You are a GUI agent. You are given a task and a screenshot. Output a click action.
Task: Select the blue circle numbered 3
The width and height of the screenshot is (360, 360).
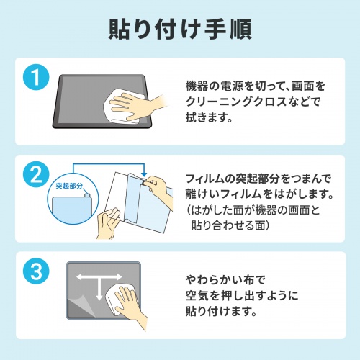(34, 271)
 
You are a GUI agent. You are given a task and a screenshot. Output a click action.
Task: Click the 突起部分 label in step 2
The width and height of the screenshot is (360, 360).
(69, 185)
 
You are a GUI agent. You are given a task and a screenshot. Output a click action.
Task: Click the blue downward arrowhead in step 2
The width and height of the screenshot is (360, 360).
(144, 174)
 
